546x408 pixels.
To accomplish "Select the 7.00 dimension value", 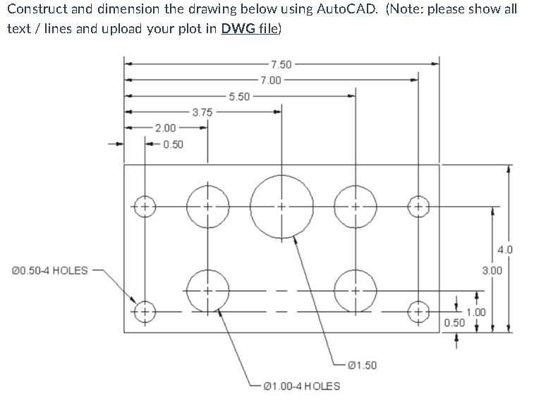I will [x=269, y=80].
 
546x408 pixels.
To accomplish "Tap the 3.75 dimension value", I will [x=202, y=112].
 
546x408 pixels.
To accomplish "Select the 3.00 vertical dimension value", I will [x=492, y=270].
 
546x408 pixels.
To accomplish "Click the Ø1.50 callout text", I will [x=363, y=365].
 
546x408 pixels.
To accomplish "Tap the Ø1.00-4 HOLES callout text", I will [x=301, y=386].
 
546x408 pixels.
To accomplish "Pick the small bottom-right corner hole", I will [x=418, y=311].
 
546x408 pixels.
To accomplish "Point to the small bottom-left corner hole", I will [x=144, y=311].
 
